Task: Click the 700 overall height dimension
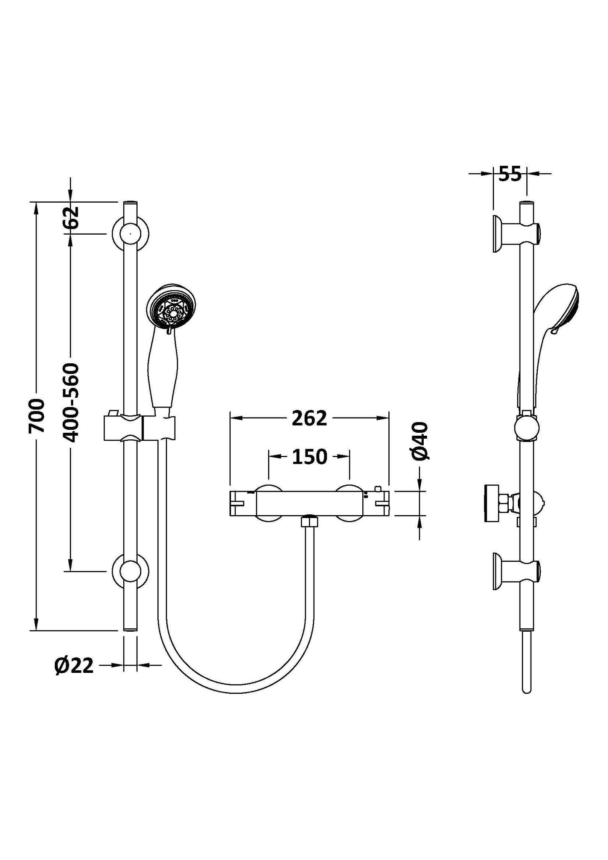(37, 416)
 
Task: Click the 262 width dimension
(309, 418)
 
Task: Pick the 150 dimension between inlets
(309, 457)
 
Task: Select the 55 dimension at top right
(510, 174)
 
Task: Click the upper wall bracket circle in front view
(130, 233)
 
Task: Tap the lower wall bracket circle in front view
(130, 571)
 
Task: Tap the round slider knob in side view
(527, 427)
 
